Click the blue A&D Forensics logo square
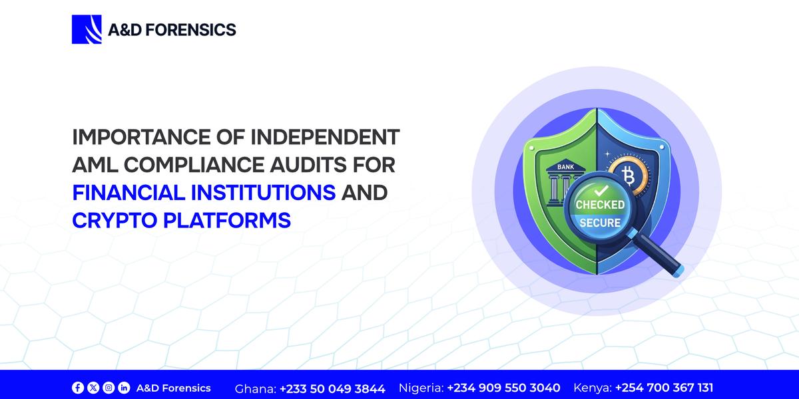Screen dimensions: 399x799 pos(86,29)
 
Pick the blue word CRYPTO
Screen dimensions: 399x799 pos(113,220)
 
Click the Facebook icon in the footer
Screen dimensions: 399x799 pos(78,388)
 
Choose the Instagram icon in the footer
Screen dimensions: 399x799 pos(109,388)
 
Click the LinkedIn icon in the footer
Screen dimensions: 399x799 pos(124,388)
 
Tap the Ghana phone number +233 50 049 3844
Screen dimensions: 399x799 pos(332,388)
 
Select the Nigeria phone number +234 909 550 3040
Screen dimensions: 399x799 pos(503,388)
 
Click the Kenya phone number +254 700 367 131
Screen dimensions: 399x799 pos(664,388)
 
